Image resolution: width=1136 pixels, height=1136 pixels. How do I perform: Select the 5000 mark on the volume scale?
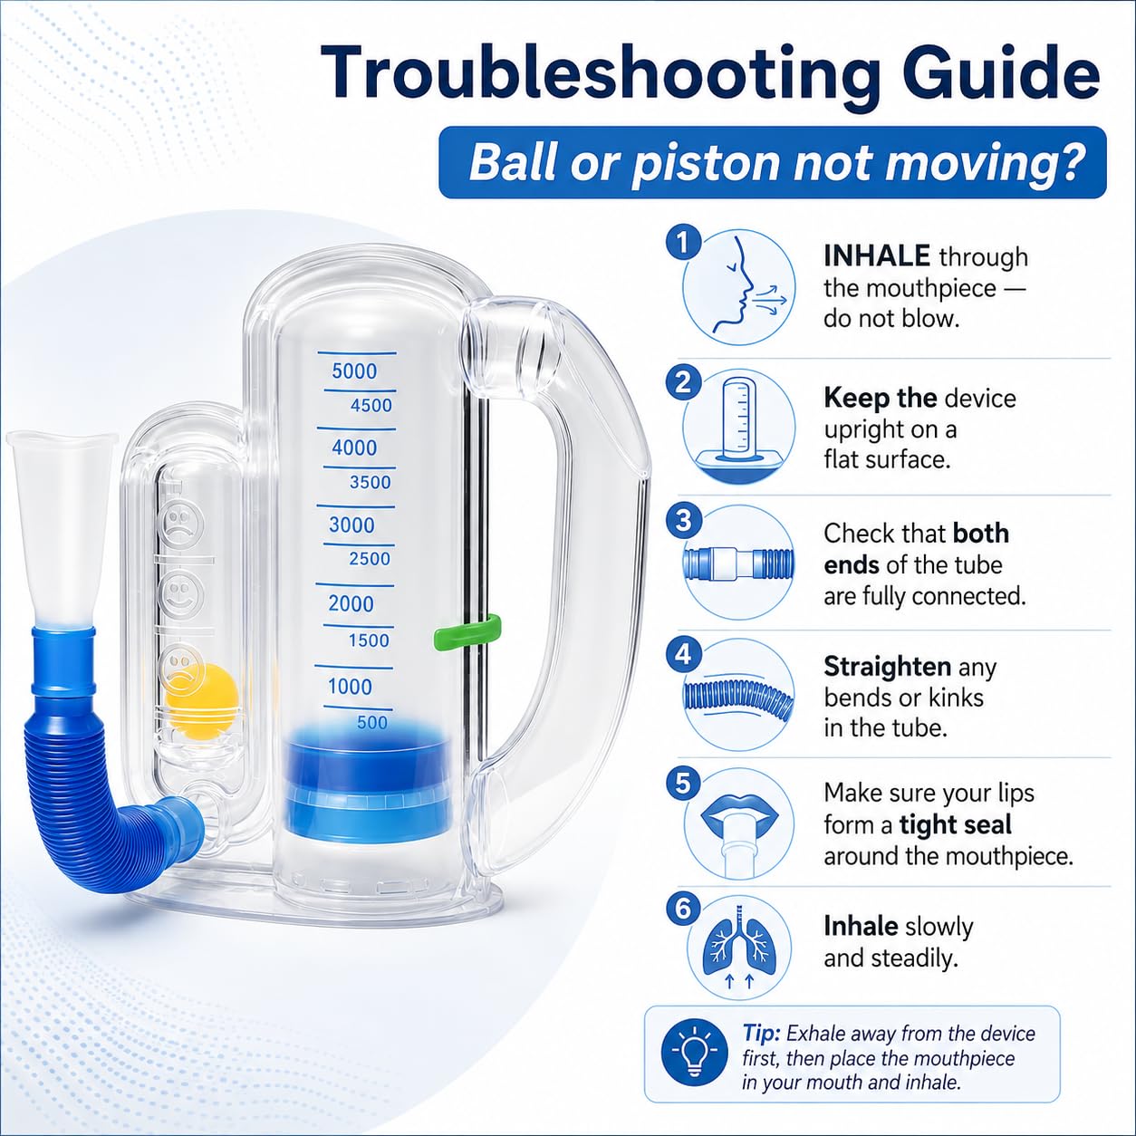point(354,371)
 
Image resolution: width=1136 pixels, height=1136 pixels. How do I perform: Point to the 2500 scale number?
point(370,558)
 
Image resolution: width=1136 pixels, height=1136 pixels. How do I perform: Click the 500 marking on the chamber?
point(372,722)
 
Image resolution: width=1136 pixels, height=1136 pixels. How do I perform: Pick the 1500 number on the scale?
point(369,640)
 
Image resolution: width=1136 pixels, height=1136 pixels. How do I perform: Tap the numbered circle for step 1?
point(683,242)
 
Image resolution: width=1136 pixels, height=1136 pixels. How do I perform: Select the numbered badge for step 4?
point(683,654)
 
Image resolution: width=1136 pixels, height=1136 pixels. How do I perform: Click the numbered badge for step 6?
point(683,909)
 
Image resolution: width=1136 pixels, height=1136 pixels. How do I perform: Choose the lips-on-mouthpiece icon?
point(738,824)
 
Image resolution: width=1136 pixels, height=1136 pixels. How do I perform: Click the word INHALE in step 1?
point(877,256)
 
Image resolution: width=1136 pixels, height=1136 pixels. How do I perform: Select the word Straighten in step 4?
point(887,668)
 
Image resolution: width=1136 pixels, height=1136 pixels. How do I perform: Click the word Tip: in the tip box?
point(762,1034)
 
